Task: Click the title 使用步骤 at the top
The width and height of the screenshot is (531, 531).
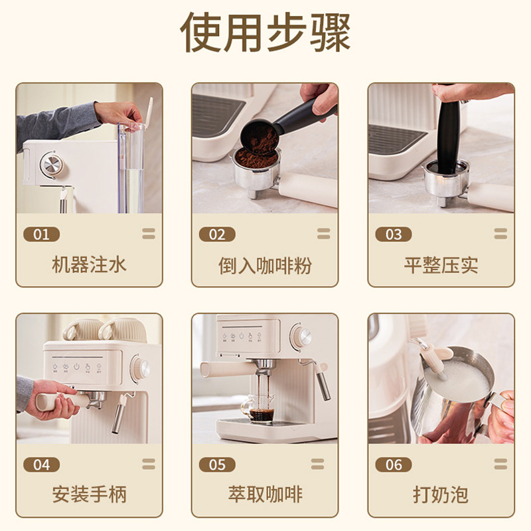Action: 265,33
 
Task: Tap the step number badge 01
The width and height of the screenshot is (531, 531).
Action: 41,234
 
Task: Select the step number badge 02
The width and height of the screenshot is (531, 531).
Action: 217,234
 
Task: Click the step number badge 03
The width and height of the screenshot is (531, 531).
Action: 393,234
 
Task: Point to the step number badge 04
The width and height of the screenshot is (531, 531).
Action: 41,465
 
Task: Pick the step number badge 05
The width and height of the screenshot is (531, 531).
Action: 217,465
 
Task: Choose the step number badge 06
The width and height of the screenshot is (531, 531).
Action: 393,465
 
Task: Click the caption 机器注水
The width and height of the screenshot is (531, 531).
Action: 89,265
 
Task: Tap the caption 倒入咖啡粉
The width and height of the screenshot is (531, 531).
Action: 265,265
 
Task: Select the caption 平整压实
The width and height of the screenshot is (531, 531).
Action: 441,265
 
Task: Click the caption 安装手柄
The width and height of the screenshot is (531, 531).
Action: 89,494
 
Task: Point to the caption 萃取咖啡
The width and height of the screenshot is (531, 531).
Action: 265,494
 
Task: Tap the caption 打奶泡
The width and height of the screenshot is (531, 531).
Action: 441,494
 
